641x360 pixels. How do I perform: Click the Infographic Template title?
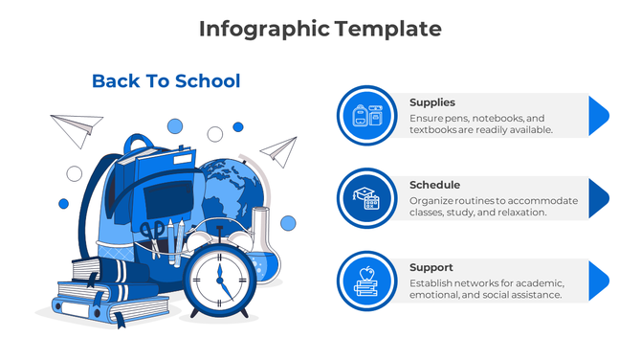tap(320, 29)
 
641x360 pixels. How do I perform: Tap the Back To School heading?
tap(166, 81)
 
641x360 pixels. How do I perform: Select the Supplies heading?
tap(431, 102)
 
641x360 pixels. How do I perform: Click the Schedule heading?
tap(434, 185)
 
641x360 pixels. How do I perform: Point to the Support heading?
tap(431, 267)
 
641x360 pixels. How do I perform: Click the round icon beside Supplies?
tap(366, 116)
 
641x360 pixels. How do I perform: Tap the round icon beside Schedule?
tap(366, 198)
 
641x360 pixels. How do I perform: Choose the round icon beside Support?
tap(366, 281)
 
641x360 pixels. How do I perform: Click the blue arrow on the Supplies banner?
tap(597, 115)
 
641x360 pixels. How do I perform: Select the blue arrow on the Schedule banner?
tap(597, 197)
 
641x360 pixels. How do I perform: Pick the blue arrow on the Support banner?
tap(597, 280)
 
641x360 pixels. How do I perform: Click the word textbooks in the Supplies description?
tap(437, 129)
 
